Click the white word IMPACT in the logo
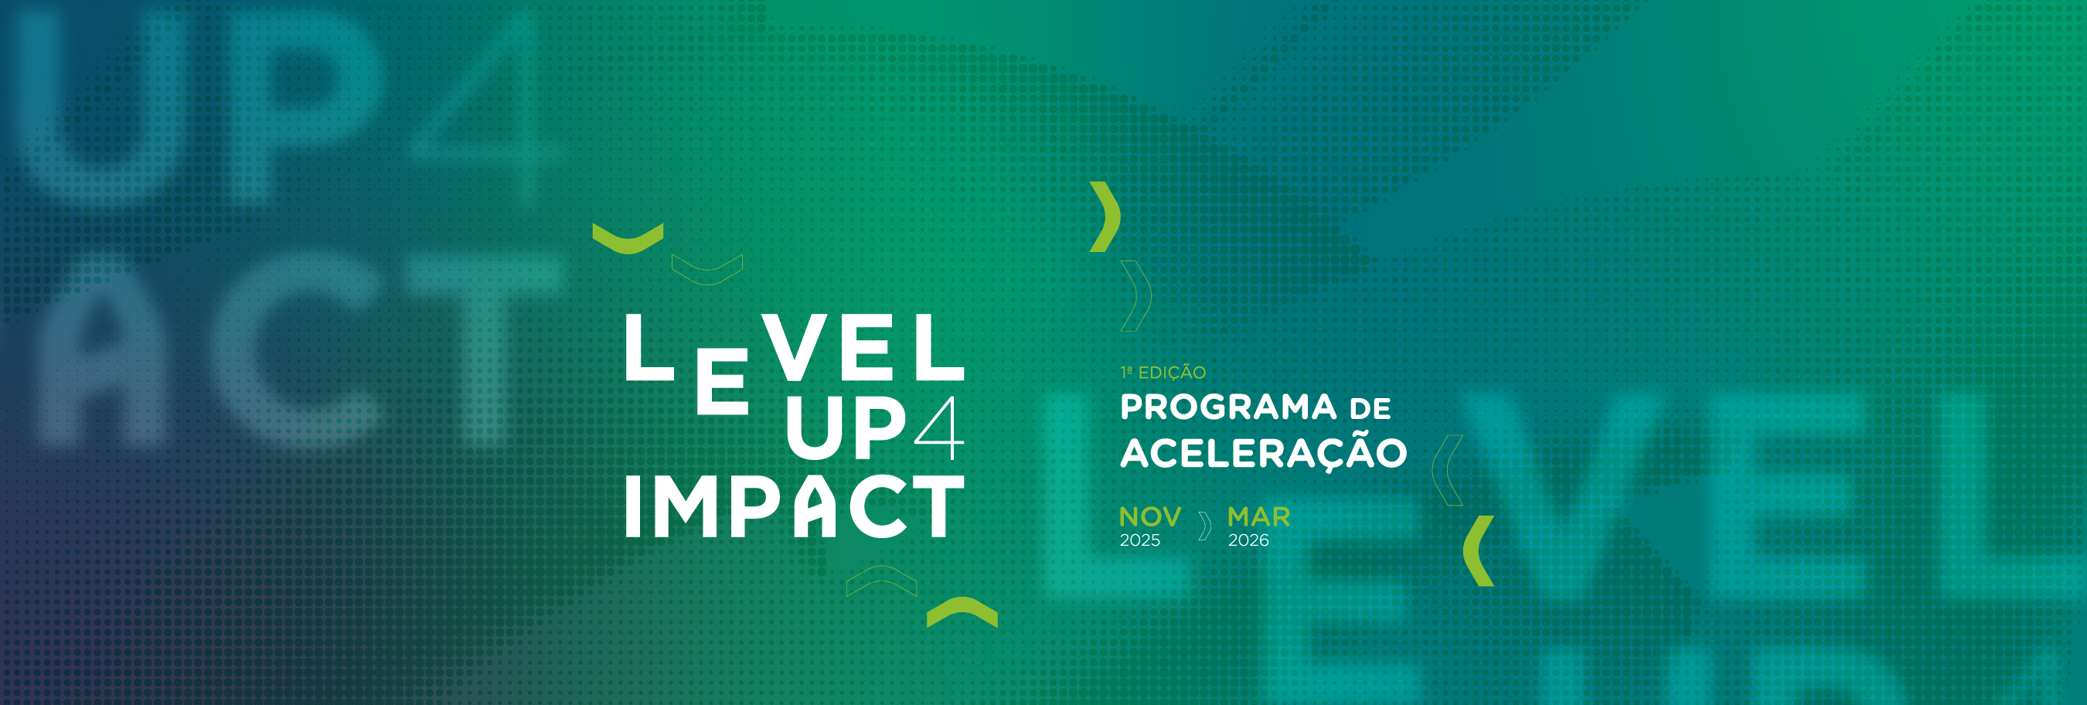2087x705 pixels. coord(795,506)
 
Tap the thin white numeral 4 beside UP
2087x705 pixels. coord(940,429)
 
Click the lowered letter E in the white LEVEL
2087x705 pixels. coord(722,383)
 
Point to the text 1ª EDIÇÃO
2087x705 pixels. coord(1163,373)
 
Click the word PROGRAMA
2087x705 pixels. coord(1228,407)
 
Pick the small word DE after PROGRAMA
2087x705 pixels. coord(1370,409)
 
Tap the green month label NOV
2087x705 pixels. coord(1150,517)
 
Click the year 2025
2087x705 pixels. coord(1140,540)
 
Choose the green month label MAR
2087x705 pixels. coord(1259,517)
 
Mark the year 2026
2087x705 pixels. coord(1248,540)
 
